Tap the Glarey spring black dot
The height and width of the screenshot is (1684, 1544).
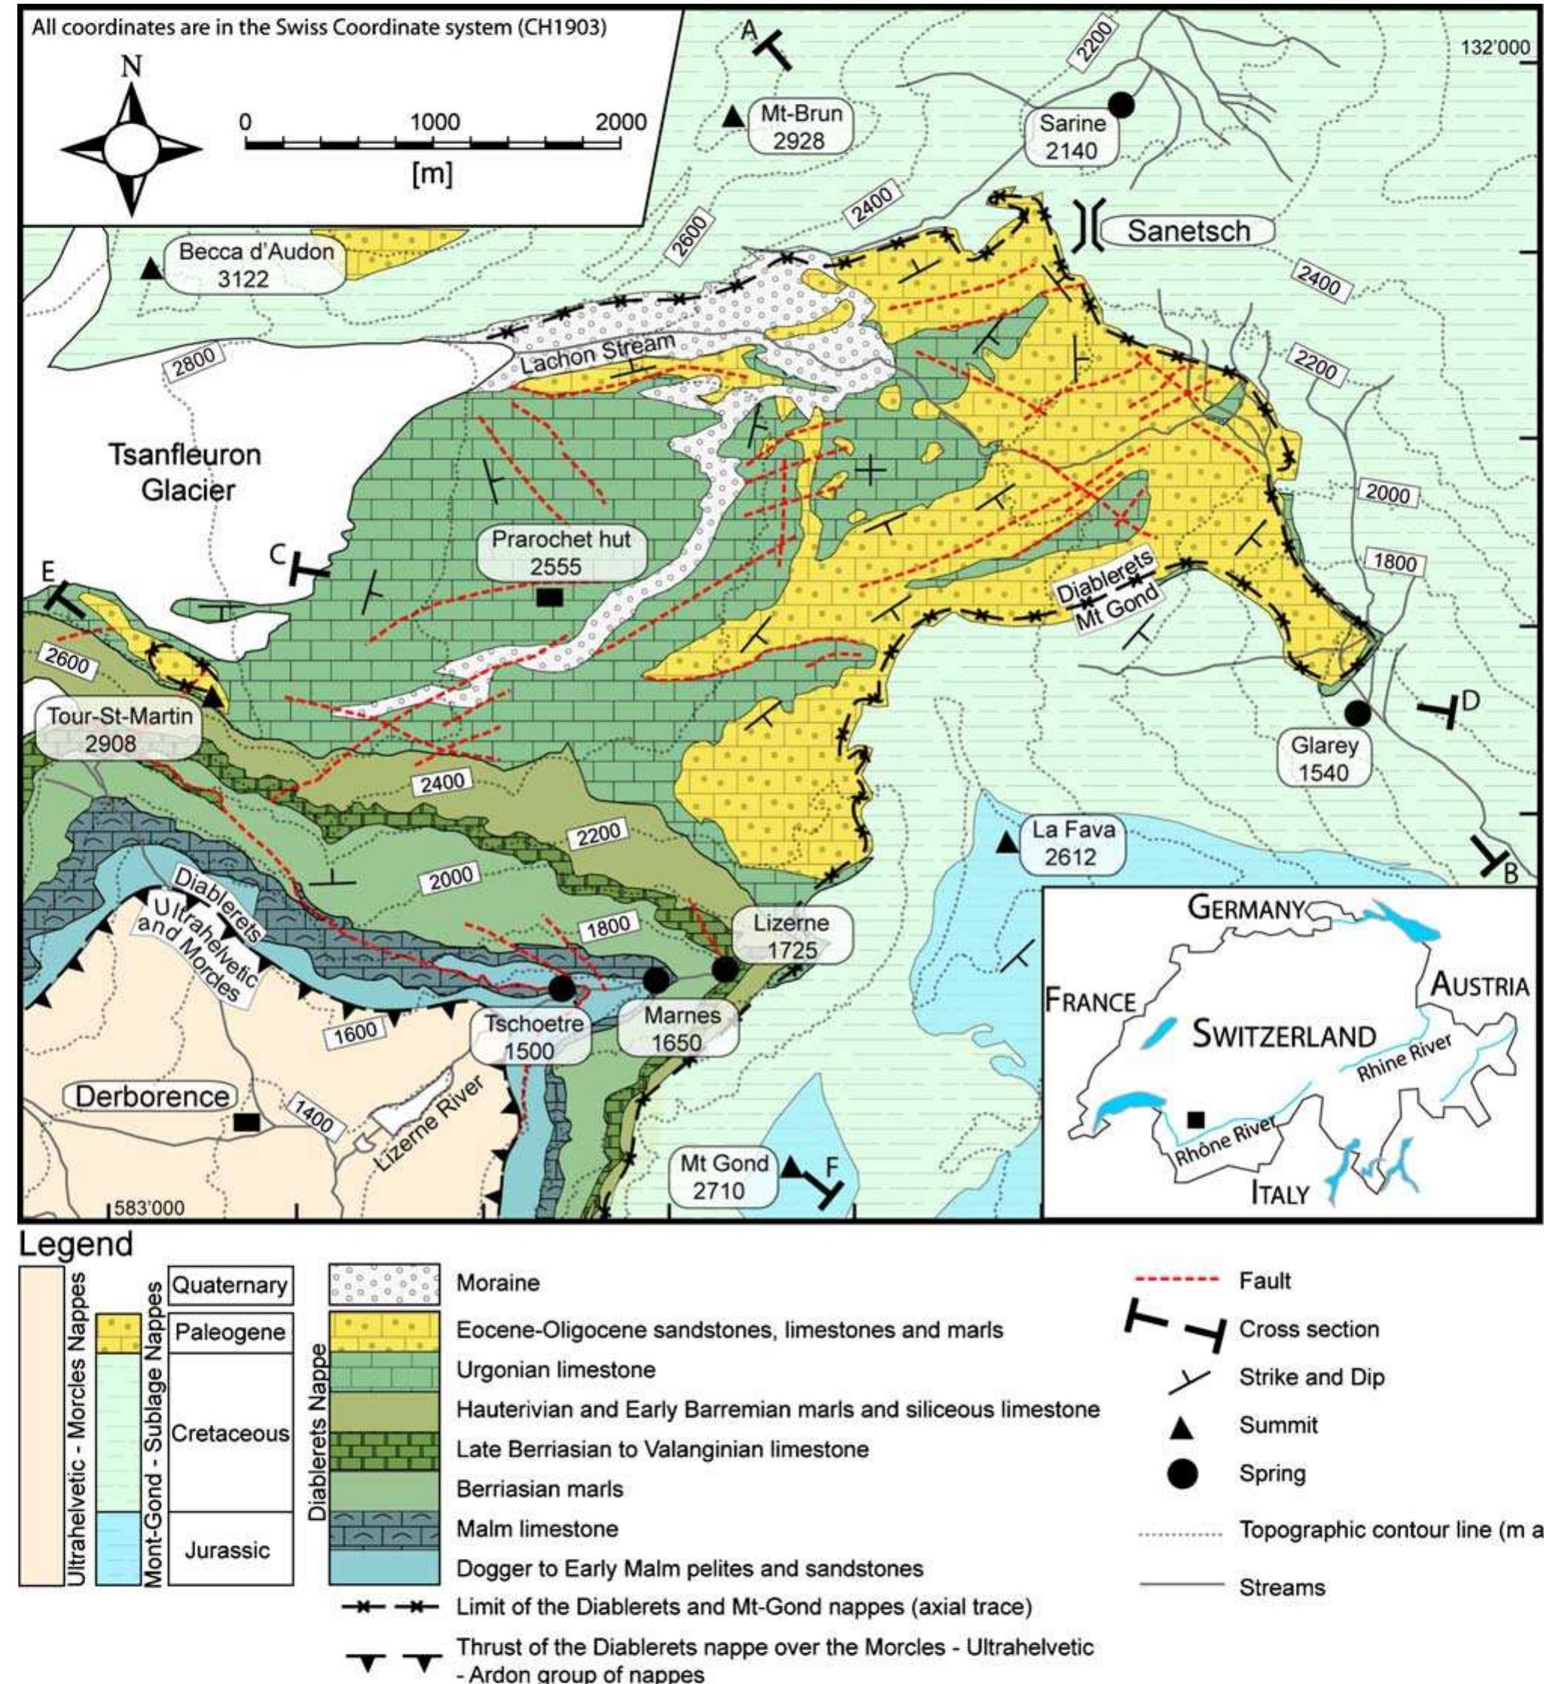(x=1357, y=713)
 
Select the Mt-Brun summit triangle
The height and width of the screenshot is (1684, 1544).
(x=733, y=116)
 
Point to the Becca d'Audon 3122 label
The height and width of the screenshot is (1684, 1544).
(x=255, y=265)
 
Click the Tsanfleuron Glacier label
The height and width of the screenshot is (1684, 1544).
(x=185, y=472)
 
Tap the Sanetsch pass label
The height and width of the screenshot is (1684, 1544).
(x=1188, y=231)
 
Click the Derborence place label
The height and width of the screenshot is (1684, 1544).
(x=152, y=1096)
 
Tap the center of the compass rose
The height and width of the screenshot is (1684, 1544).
(x=130, y=148)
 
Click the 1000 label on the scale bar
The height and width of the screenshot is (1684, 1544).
(x=435, y=122)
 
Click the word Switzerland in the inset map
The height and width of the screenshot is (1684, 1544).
(x=1283, y=1035)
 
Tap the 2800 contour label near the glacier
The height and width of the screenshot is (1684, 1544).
(x=194, y=359)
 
